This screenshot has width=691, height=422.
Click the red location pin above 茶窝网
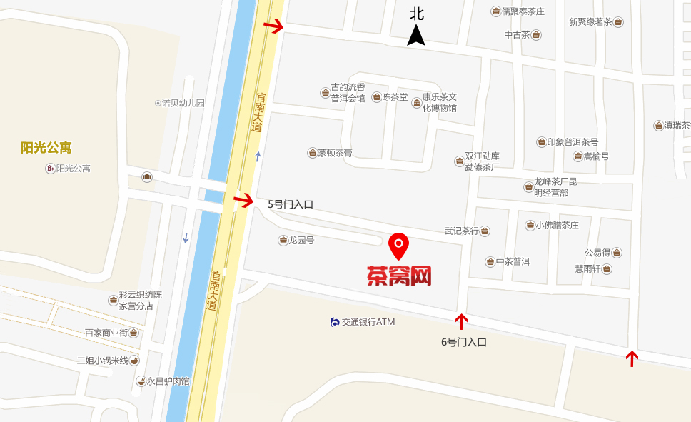(x=398, y=246)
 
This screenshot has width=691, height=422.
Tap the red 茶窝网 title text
(x=399, y=276)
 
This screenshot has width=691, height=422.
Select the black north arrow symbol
(x=416, y=34)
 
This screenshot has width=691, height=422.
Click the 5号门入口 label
(x=291, y=204)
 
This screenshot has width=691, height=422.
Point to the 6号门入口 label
(x=463, y=342)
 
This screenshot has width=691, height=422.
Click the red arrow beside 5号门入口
(x=243, y=201)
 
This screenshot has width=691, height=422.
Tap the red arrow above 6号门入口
(x=461, y=321)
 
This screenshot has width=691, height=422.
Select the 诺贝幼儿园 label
(x=183, y=103)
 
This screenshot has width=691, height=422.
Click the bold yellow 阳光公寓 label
(x=46, y=148)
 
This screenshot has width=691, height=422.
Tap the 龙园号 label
(x=301, y=241)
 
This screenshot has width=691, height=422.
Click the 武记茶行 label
(x=461, y=231)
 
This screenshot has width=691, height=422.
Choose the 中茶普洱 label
(x=513, y=261)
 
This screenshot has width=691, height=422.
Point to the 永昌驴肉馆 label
(x=168, y=381)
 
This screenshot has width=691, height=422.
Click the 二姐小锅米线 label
(x=103, y=361)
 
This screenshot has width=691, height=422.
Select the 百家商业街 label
(x=106, y=333)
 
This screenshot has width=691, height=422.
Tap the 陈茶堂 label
(x=394, y=97)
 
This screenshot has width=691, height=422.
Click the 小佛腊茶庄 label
(x=557, y=226)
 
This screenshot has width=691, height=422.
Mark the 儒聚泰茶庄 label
(x=523, y=11)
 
